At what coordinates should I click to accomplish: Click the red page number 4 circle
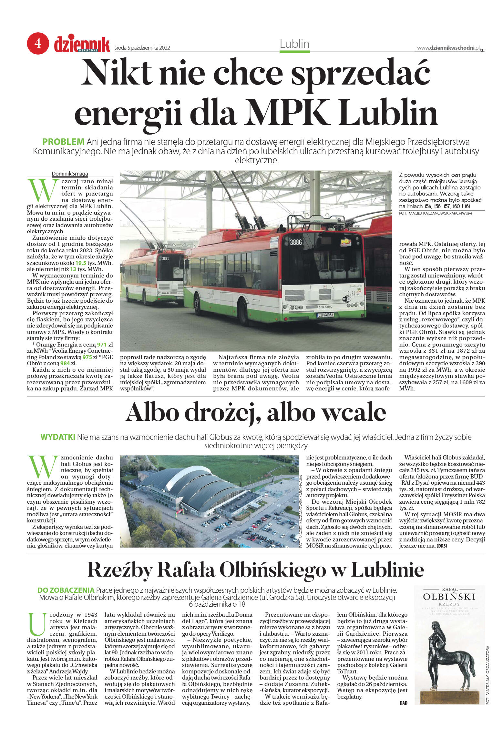38,43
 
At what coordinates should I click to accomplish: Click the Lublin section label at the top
294,44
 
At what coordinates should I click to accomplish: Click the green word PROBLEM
63,142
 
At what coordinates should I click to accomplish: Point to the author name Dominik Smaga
70,174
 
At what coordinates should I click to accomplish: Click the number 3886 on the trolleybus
296,242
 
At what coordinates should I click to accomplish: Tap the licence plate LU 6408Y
325,315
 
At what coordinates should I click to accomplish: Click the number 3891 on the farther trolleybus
165,258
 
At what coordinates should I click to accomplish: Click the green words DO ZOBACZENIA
66,590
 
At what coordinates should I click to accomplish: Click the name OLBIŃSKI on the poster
449,597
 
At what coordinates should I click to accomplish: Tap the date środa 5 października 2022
142,48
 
